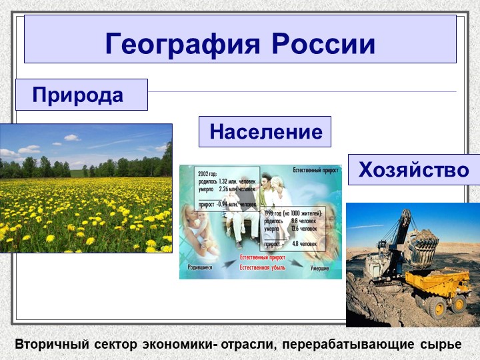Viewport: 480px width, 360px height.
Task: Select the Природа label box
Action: tap(81, 95)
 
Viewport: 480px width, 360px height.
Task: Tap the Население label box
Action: tap(265, 132)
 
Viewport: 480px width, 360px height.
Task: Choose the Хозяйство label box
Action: tap(413, 170)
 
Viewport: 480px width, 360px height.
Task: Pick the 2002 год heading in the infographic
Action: tap(209, 172)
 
